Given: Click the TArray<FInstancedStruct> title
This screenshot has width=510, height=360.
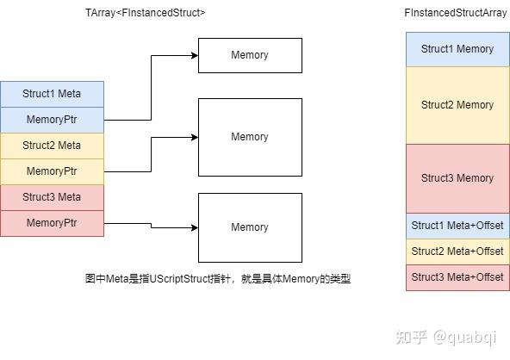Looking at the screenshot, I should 146,13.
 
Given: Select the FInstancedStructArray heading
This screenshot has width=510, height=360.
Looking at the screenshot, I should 457,13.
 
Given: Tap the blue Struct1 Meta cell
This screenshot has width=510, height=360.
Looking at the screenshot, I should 52,94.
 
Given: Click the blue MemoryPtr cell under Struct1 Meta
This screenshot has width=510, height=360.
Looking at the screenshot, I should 52,120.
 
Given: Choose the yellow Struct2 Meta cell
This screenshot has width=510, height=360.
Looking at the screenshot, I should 52,146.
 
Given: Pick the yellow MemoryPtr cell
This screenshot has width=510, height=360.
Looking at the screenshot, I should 52,171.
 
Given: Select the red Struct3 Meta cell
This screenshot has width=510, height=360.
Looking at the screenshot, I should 52,197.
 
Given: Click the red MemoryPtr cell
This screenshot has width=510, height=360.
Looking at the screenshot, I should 52,223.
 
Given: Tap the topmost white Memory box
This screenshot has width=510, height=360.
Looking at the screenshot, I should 250,55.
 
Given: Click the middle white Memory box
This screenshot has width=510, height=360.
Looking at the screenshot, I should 250,137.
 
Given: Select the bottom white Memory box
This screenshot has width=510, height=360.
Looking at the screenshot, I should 250,227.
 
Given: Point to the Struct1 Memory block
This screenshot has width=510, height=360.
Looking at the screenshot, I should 457,49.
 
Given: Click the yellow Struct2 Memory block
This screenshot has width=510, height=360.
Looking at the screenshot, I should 457,105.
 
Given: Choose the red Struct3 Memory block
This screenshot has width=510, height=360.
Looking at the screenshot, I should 457,178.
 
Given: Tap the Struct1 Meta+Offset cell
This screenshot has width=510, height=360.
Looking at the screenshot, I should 457,226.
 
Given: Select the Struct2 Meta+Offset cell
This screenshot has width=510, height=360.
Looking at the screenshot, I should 457,251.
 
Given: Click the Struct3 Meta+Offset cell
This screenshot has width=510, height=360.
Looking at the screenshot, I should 457,277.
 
